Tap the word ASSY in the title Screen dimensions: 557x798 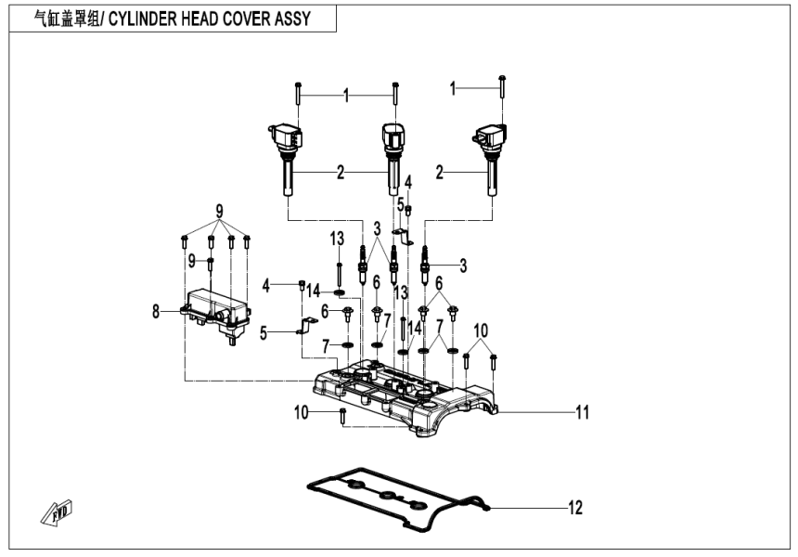(307, 19)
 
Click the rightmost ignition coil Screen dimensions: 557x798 (490, 158)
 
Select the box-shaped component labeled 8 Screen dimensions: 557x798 (215, 311)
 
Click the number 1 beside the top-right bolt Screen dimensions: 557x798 (454, 89)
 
